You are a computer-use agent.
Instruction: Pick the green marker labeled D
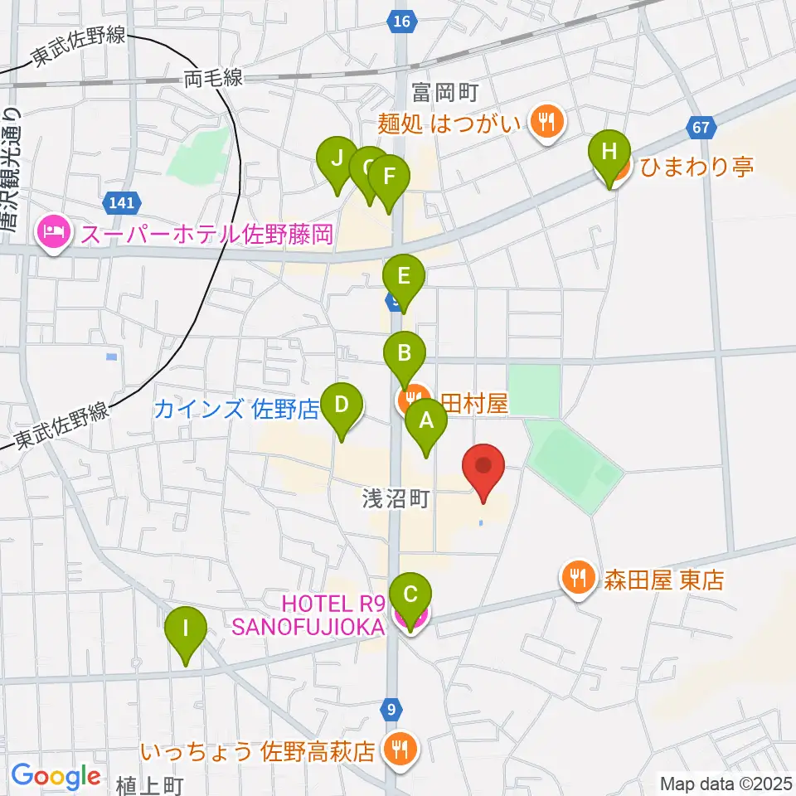click(x=341, y=407)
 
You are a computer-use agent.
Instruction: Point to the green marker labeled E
click(x=404, y=277)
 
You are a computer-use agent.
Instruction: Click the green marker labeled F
click(x=389, y=177)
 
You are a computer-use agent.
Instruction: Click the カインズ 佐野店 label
click(x=237, y=409)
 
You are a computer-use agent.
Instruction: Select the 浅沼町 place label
click(x=395, y=498)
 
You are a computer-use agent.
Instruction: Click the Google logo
click(x=56, y=777)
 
